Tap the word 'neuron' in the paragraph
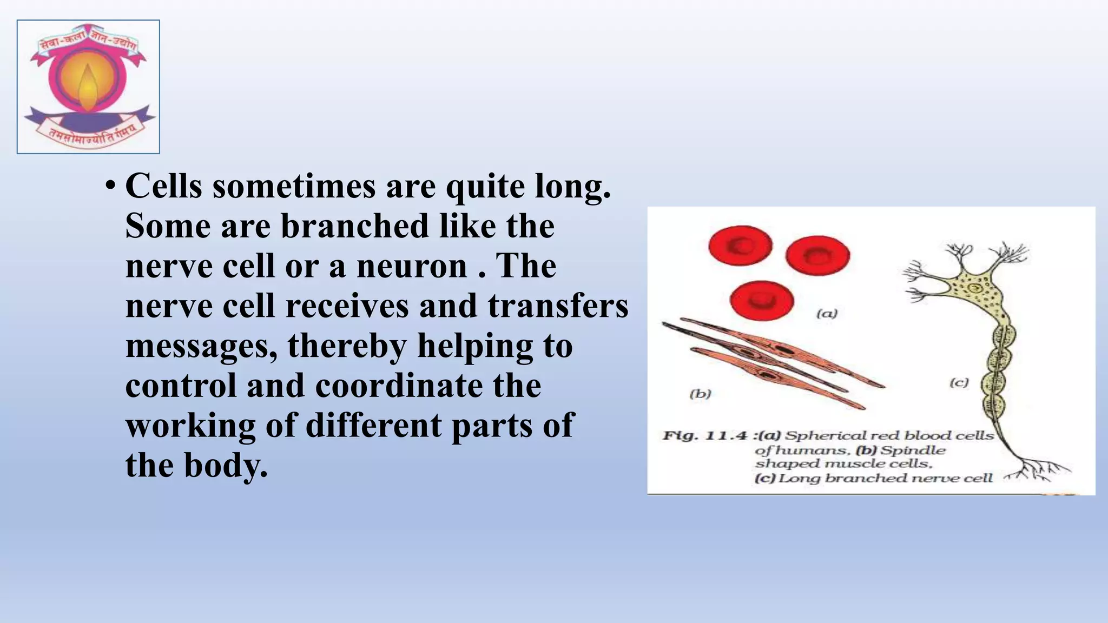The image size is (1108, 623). tap(411, 266)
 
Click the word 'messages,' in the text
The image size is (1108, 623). tap(201, 346)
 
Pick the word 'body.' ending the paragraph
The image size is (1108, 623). tap(226, 465)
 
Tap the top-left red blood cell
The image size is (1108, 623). tap(740, 246)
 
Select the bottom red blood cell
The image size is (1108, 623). tap(761, 301)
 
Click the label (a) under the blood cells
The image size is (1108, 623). tap(827, 314)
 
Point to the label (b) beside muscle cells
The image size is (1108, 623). tap(700, 394)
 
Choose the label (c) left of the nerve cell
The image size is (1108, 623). tap(959, 383)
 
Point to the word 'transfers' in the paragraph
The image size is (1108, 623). tap(558, 306)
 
